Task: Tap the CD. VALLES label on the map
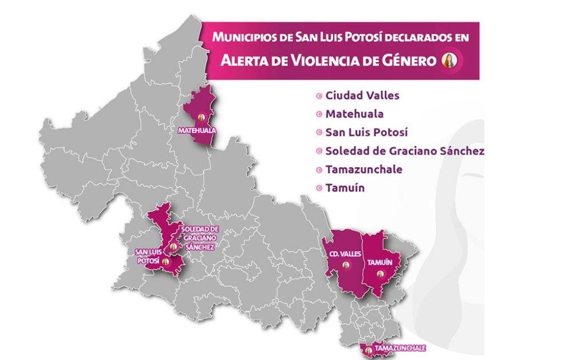[x=345, y=254]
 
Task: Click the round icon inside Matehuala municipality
[x=201, y=118]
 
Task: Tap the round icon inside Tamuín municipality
[x=379, y=274]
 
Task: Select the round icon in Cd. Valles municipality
[x=346, y=265]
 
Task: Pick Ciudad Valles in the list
[x=362, y=95]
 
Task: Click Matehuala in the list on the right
[x=354, y=114]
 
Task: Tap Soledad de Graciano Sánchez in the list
[x=404, y=151]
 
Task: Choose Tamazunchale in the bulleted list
[x=363, y=169]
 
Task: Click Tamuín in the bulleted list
[x=345, y=187]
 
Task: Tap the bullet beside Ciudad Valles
[x=319, y=96]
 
